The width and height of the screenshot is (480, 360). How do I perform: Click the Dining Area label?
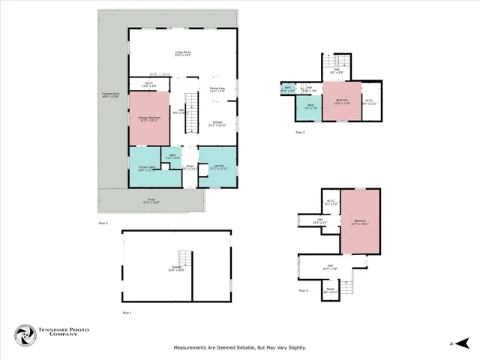[x=217, y=89]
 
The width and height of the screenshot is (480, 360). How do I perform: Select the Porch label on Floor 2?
[x=151, y=201]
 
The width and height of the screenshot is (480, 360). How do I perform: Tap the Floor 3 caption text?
[x=300, y=133]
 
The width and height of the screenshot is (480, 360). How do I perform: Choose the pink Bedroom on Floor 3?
[x=342, y=100]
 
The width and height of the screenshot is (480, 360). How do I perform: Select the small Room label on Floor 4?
[x=330, y=291]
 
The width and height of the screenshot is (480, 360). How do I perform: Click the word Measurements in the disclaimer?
[x=195, y=347]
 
